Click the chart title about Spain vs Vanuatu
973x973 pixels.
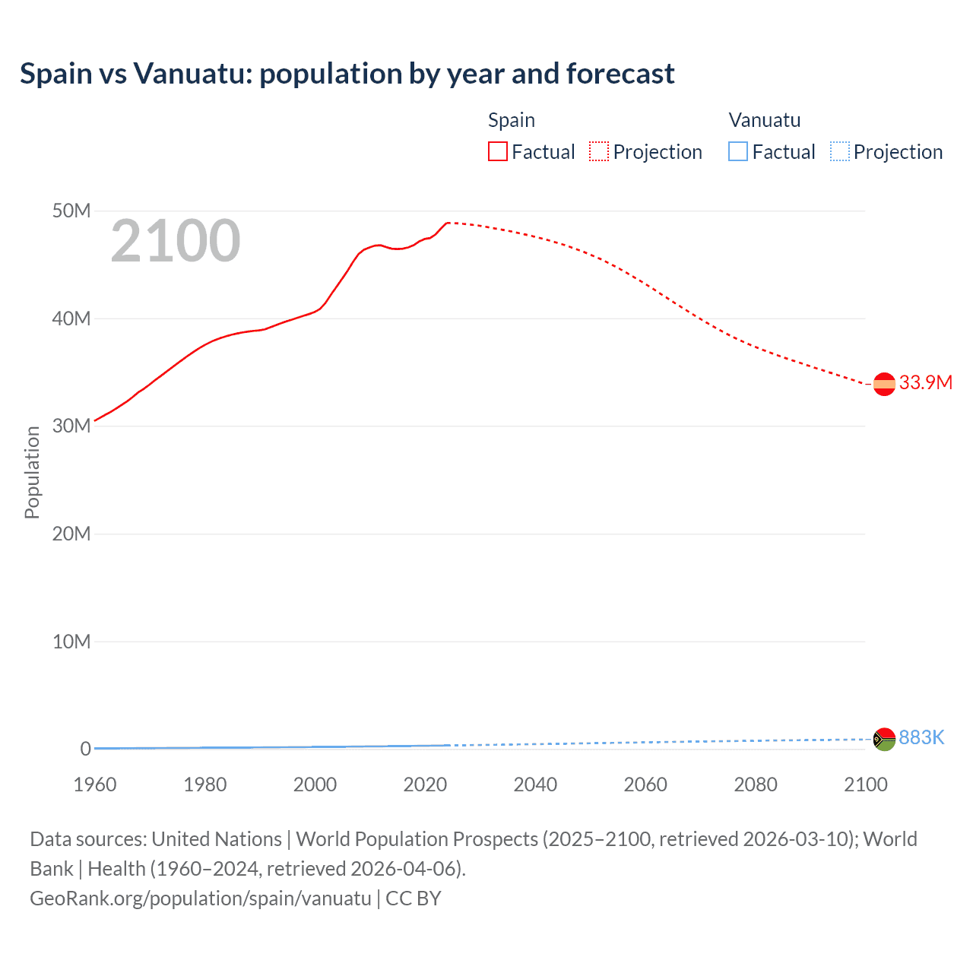347,74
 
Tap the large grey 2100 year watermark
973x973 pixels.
176,241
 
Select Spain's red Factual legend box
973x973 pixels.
498,151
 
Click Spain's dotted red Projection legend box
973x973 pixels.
599,151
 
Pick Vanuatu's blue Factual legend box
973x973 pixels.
738,151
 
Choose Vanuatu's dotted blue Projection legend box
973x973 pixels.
840,151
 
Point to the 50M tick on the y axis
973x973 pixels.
71,211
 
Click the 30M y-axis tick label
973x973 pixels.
71,426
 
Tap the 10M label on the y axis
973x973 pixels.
71,642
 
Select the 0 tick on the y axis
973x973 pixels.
85,749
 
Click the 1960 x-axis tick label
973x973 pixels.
95,784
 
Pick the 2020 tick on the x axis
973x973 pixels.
425,784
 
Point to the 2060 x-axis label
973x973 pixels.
645,784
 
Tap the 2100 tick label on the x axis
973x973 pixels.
865,784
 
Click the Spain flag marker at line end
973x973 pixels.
884,385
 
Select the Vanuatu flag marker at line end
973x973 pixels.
884,739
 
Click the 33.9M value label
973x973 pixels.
925,382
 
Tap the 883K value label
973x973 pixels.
921,737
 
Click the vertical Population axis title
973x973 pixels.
32,472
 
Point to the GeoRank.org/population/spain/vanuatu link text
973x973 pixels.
201,898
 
